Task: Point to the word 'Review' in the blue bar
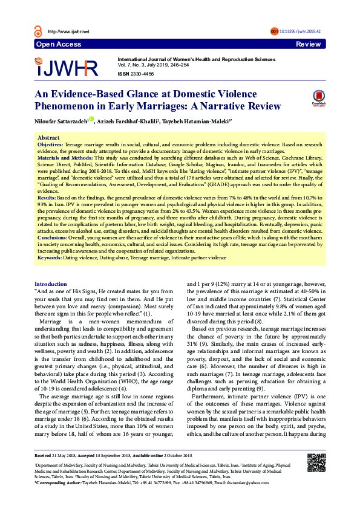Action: [x=308, y=45]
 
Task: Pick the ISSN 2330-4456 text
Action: [x=136, y=73]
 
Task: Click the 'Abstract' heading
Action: [x=48, y=138]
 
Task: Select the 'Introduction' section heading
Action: [x=51, y=284]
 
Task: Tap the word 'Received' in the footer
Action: [x=43, y=472]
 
